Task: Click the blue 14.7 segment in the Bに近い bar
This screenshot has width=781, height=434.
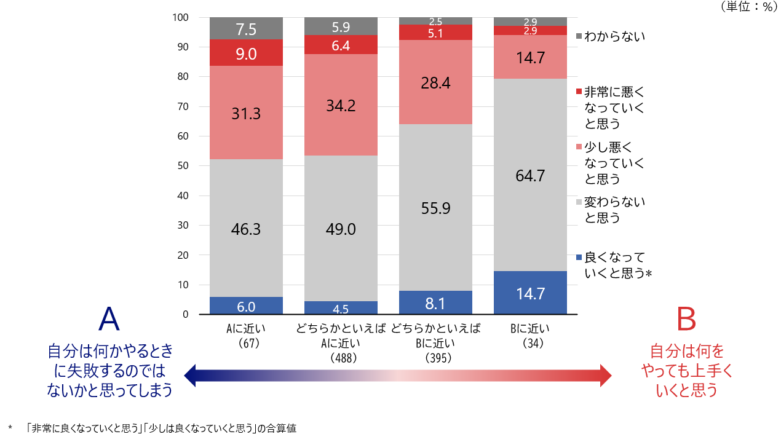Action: pyautogui.click(x=530, y=293)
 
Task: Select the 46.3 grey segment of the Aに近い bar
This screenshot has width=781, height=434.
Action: pyautogui.click(x=246, y=229)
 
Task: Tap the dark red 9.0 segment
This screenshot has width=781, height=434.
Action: pyautogui.click(x=246, y=53)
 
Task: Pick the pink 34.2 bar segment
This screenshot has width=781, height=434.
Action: pyautogui.click(x=341, y=105)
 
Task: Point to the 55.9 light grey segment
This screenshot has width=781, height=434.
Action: pyautogui.click(x=435, y=208)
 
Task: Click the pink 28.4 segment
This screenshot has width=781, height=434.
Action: pyautogui.click(x=435, y=82)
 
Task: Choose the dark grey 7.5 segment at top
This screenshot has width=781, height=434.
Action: pyautogui.click(x=246, y=28)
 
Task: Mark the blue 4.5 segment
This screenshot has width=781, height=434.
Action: pyautogui.click(x=341, y=308)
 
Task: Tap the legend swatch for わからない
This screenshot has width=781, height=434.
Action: pyautogui.click(x=579, y=37)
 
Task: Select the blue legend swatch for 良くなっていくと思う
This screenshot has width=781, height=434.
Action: pyautogui.click(x=579, y=258)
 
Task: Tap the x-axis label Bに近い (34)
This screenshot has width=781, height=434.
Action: pyautogui.click(x=530, y=335)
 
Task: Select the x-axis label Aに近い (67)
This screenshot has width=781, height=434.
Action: pyautogui.click(x=246, y=335)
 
